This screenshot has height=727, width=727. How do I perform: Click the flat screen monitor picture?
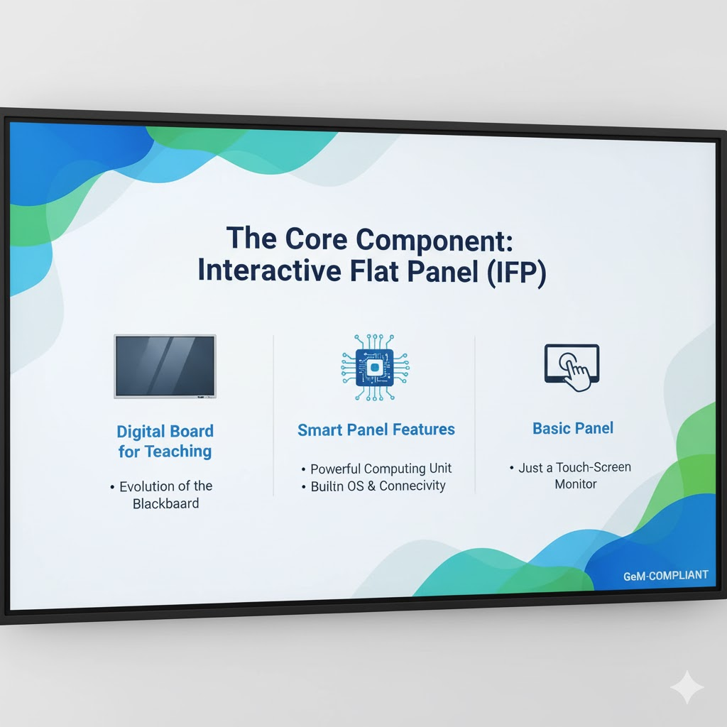coord(165,366)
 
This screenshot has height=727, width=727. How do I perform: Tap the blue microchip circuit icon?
coord(376,367)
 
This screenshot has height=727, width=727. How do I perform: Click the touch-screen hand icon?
coord(572,367)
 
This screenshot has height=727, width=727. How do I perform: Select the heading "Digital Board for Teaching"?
coord(165,441)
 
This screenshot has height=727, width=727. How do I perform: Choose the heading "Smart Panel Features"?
coord(376,430)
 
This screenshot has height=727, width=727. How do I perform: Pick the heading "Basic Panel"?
coord(573,428)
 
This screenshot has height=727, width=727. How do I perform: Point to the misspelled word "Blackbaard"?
coord(166,503)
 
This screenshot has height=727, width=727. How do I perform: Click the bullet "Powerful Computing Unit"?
coord(381,469)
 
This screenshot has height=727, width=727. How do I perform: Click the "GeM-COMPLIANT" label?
coord(665,575)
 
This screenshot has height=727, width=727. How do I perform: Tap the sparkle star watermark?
coord(687,687)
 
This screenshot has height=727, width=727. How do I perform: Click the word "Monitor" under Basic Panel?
coord(575,484)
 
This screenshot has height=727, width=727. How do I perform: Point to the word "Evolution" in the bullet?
coord(146,486)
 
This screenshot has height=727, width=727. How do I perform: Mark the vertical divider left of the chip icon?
coord(274,415)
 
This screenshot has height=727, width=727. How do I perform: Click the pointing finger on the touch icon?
coord(576,373)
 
